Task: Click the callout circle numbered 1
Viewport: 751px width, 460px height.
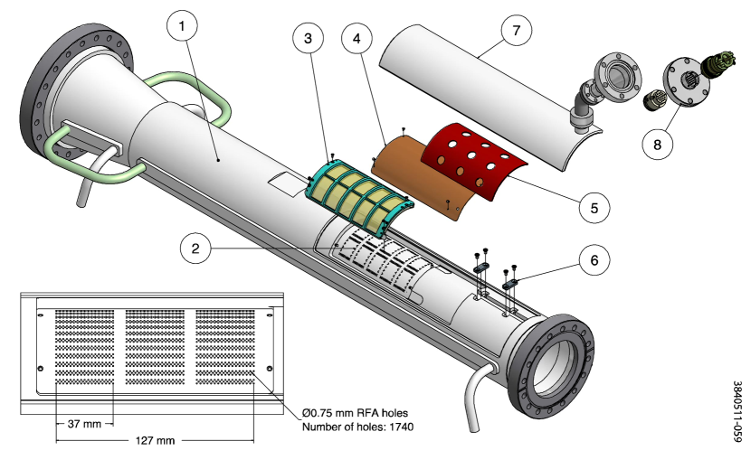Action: point(183,26)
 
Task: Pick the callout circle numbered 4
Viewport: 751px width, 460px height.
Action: point(357,39)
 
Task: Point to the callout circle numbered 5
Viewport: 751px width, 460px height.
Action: point(594,207)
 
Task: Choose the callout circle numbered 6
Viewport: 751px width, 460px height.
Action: point(594,260)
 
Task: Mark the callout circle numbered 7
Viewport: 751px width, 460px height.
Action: point(516,31)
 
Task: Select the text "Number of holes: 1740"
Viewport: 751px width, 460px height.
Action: point(357,427)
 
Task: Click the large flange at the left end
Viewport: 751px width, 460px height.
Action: point(48,90)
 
